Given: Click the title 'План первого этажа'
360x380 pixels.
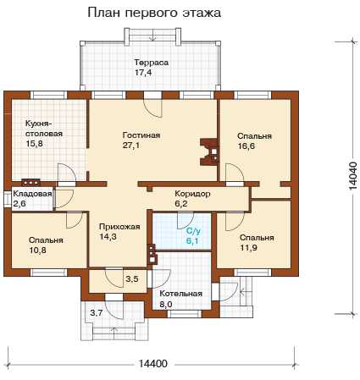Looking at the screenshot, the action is pyautogui.click(x=154, y=13).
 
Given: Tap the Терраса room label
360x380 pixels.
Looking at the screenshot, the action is pyautogui.click(x=152, y=62).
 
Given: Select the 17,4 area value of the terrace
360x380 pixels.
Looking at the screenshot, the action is pyautogui.click(x=143, y=73).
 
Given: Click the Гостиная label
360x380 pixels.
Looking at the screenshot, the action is pyautogui.click(x=141, y=135).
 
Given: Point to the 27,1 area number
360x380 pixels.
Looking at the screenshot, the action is pyautogui.click(x=131, y=146).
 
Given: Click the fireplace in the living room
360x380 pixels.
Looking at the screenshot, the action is pyautogui.click(x=209, y=151).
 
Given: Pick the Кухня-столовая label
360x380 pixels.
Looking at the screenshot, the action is pyautogui.click(x=44, y=129).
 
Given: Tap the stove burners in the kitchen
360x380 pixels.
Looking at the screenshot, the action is pyautogui.click(x=30, y=183).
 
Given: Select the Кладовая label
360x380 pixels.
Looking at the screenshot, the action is pyautogui.click(x=33, y=194).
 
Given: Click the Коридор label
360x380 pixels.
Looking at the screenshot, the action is pyautogui.click(x=192, y=194).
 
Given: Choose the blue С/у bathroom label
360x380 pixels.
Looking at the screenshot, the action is pyautogui.click(x=193, y=231).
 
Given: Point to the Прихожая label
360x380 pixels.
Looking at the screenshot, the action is pyautogui.click(x=119, y=227).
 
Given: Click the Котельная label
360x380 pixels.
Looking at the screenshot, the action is pyautogui.click(x=181, y=294).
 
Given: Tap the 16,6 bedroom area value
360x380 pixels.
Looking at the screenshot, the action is pyautogui.click(x=246, y=146).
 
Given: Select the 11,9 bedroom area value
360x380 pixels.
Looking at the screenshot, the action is pyautogui.click(x=248, y=248).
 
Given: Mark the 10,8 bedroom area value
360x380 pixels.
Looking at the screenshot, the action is pyautogui.click(x=37, y=251).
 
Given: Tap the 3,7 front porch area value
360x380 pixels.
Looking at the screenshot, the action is pyautogui.click(x=97, y=312).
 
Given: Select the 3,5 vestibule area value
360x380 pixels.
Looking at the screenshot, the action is pyautogui.click(x=132, y=279).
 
